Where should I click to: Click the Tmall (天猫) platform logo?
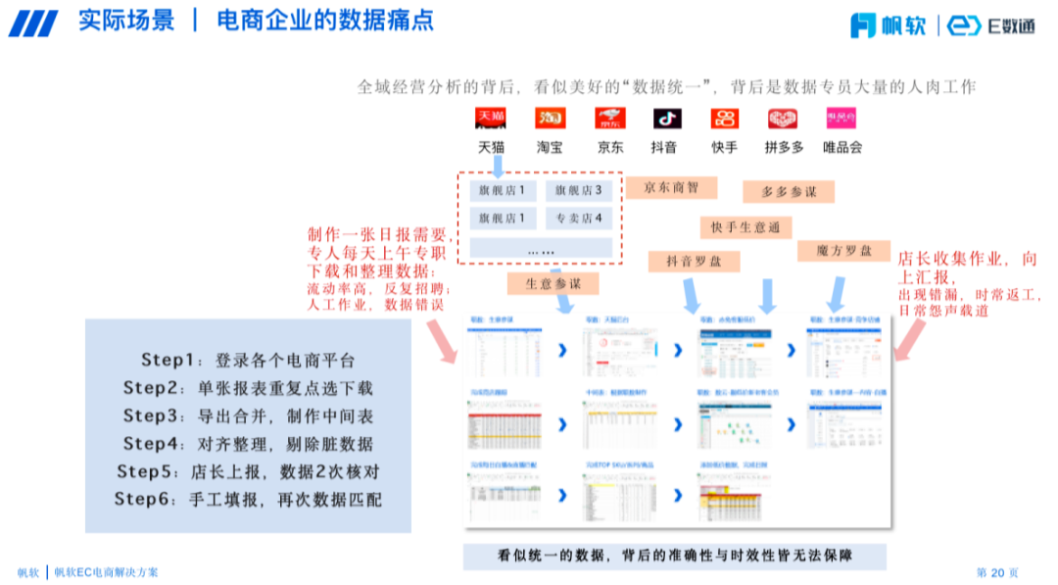(491, 119)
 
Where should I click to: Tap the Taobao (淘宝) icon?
(550, 119)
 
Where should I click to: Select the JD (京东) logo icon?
(609, 119)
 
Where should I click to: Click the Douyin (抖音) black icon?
(667, 119)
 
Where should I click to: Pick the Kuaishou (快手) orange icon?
(725, 119)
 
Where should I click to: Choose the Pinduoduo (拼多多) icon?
(783, 119)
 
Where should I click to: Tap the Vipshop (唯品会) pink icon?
(842, 119)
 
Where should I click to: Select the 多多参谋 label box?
(788, 192)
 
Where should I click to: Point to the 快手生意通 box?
(745, 227)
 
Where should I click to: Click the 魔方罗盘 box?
(843, 251)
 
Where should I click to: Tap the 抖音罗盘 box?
(694, 261)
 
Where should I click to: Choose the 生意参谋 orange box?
(553, 283)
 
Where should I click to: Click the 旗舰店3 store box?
(578, 190)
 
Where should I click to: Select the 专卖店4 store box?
(578, 218)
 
